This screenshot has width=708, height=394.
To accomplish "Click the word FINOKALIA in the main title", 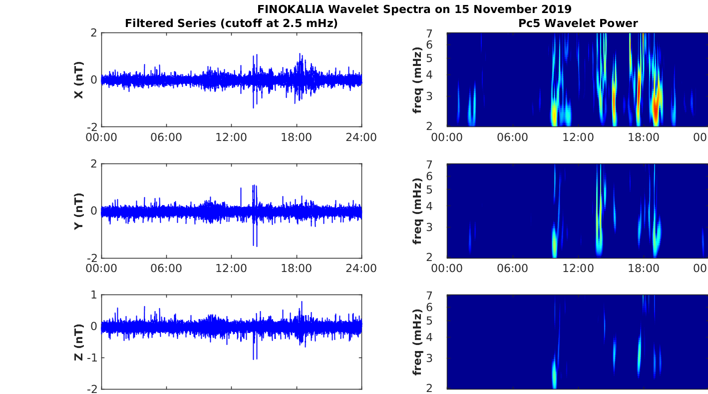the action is [x=291, y=9].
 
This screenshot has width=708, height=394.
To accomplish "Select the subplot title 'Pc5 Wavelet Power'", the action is [x=578, y=23].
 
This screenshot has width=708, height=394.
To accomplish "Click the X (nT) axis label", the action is [x=79, y=79].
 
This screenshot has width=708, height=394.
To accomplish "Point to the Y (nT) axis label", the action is [x=79, y=211].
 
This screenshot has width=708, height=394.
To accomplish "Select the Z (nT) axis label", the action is [x=79, y=342].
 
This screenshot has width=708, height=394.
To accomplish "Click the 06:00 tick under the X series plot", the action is [x=166, y=137].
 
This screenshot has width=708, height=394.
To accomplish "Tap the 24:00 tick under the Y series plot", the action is [x=361, y=268].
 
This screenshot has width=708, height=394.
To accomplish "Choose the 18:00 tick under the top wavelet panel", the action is [x=644, y=137].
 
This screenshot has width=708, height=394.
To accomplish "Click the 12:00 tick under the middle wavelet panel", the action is [x=578, y=268].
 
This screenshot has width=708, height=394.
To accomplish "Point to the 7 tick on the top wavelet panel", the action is [x=429, y=33].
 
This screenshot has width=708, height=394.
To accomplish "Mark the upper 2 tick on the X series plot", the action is [x=94, y=32].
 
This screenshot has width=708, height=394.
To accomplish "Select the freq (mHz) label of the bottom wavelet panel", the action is [x=417, y=342].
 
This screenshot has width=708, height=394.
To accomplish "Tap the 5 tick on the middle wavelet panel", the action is [x=429, y=189].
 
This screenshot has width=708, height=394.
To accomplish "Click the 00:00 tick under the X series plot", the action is [x=101, y=137].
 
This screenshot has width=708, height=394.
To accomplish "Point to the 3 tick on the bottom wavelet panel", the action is [x=429, y=358].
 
